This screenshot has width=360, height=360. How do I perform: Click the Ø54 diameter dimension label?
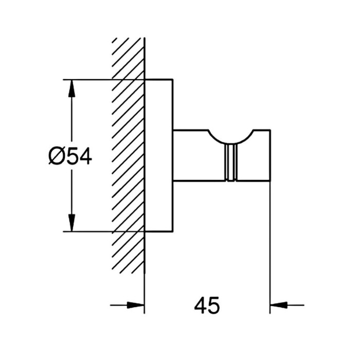click(70, 156)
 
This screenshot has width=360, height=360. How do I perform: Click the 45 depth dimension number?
click(207, 305)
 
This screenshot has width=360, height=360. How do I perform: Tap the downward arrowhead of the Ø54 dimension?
click(71, 223)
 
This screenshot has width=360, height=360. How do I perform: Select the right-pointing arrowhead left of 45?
click(135, 305)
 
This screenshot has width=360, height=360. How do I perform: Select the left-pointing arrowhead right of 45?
click(279, 305)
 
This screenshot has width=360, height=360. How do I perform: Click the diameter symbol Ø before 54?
click(56, 156)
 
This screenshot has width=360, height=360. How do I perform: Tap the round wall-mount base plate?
click(158, 156)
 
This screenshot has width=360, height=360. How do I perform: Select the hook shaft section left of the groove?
click(199, 156)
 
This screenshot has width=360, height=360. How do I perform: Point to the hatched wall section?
click(128, 155)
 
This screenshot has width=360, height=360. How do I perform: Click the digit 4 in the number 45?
click(200, 305)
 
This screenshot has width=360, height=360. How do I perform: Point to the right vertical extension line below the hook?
click(270, 247)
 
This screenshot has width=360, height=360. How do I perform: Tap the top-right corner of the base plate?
click(173, 79)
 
